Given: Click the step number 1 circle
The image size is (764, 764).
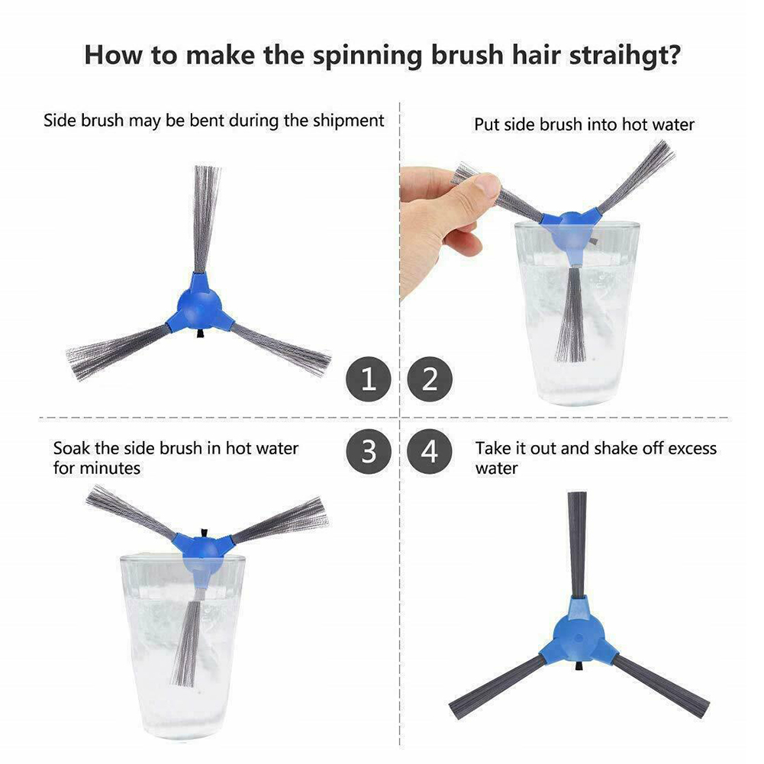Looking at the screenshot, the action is [x=369, y=379].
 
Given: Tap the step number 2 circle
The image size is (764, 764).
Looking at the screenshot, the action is [x=429, y=379].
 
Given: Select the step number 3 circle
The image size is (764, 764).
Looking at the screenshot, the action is [x=369, y=451].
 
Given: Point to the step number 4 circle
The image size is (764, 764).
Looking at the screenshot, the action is [x=429, y=451].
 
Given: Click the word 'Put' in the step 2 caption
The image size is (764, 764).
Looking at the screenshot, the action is [x=487, y=124].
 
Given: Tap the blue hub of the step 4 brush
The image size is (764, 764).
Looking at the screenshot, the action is [x=578, y=633].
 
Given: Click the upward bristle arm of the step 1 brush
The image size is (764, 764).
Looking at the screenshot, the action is [x=206, y=219].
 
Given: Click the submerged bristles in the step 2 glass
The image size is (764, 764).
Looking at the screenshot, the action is [x=572, y=314].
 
